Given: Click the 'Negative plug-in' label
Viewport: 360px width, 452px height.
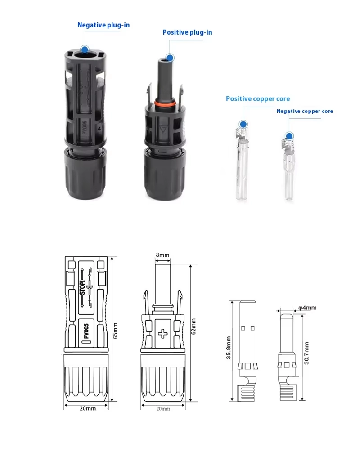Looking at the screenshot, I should (x=103, y=25).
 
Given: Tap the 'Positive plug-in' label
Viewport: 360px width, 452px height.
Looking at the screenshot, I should (x=187, y=32).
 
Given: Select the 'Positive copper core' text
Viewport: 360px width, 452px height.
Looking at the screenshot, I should (x=258, y=99).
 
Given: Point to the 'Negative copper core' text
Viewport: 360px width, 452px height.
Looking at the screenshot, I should (x=305, y=111).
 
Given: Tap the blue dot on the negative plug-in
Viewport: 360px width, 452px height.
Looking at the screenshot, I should (x=84, y=49).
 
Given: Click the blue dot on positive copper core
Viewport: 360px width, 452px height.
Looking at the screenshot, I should (x=243, y=124).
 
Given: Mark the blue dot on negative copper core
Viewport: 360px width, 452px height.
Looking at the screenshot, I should (x=289, y=136).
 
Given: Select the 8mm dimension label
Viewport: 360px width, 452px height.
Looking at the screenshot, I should (x=162, y=255).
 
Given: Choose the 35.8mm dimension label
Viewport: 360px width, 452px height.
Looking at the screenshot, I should (x=229, y=348).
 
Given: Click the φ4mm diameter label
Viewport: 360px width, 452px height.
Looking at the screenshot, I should (x=307, y=308).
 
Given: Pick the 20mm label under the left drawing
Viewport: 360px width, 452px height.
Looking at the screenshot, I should (x=87, y=408).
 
